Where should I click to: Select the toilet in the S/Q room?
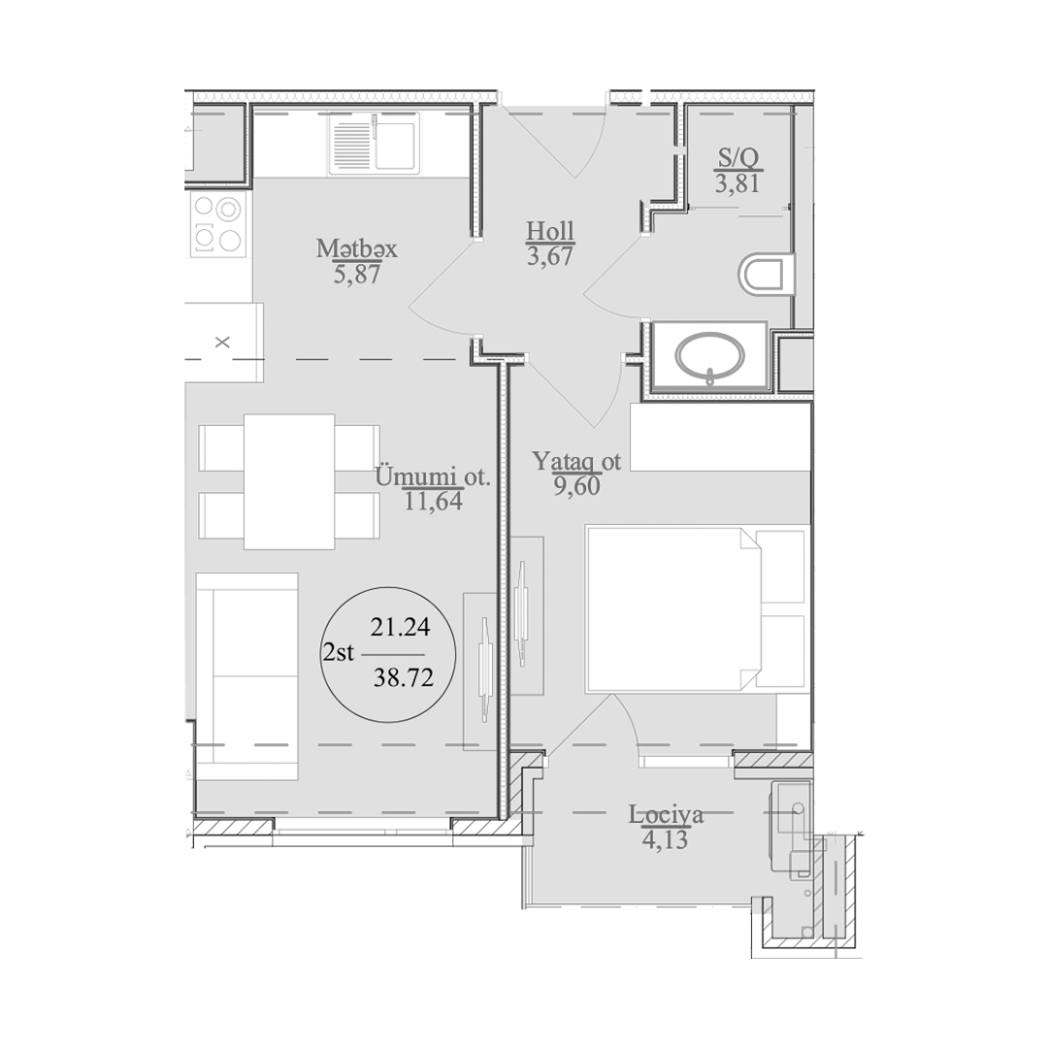pyautogui.click(x=767, y=274)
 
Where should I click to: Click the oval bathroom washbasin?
pyautogui.click(x=709, y=356)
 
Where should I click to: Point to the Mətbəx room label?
pyautogui.click(x=356, y=249)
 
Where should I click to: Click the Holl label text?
pyautogui.click(x=550, y=231)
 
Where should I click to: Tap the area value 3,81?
pyautogui.click(x=737, y=182)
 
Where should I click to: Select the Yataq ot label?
pyautogui.click(x=576, y=461)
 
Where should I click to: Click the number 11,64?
pyautogui.click(x=433, y=502)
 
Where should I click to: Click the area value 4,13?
pyautogui.click(x=665, y=838)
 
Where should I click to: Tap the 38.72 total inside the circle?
pyautogui.click(x=403, y=679)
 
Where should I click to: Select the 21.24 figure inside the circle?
pyautogui.click(x=400, y=627)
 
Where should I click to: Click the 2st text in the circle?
pyautogui.click(x=339, y=652)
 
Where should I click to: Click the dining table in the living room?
pyautogui.click(x=289, y=481)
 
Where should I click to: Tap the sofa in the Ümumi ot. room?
pyautogui.click(x=246, y=675)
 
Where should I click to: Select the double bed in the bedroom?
pyautogui.click(x=696, y=608)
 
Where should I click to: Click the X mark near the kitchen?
pyautogui.click(x=222, y=343)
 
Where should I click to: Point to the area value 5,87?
pyautogui.click(x=357, y=274)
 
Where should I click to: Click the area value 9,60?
pyautogui.click(x=576, y=486)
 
